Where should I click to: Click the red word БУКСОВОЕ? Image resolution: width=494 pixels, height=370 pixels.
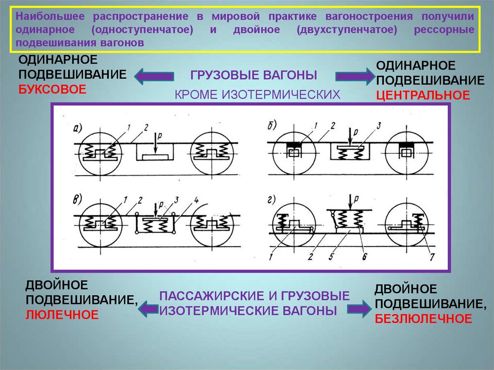tap(52, 89)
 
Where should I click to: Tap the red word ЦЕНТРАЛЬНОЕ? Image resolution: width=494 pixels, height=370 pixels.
tap(423, 95)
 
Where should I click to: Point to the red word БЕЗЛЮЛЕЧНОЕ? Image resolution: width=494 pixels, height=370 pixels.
tap(423, 318)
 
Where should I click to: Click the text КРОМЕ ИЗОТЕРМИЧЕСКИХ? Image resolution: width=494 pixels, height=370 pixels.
tap(258, 94)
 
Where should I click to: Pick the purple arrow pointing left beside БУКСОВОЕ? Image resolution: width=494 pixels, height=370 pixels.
tap(154, 76)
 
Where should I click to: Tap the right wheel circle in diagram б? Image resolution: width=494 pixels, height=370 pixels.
tap(406, 152)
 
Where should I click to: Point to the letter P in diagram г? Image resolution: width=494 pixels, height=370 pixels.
tap(356, 198)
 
